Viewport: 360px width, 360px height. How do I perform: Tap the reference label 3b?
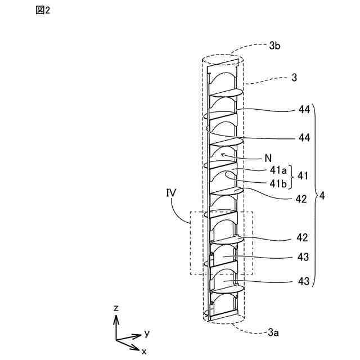click(x=274, y=47)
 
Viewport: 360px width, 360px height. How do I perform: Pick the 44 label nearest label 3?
click(x=304, y=111)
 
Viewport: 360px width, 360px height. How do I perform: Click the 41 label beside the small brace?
click(x=303, y=177)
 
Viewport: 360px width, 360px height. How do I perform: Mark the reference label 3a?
click(x=273, y=333)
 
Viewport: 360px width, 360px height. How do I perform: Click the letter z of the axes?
click(x=116, y=308)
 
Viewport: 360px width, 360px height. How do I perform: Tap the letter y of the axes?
click(x=146, y=333)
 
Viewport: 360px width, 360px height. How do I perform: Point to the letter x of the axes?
click(x=144, y=351)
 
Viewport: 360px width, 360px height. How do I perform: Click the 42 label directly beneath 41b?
click(x=301, y=199)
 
